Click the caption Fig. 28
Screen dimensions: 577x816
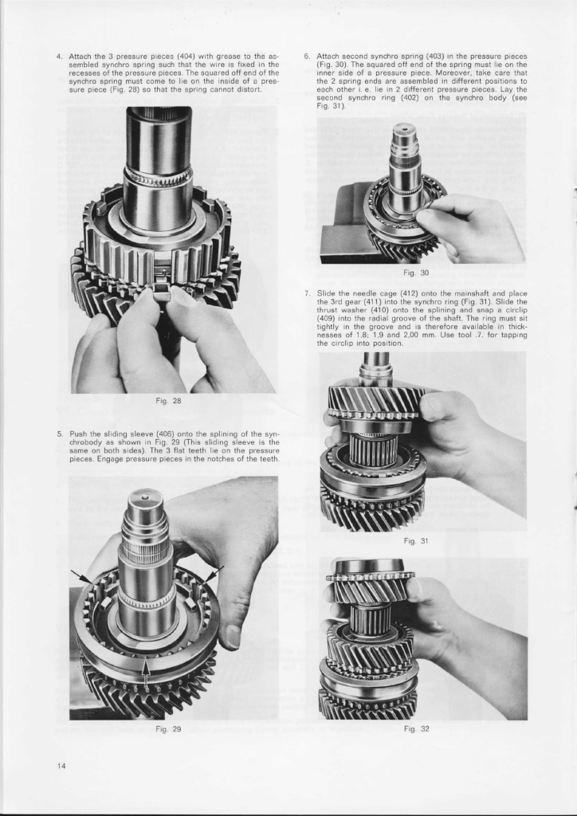click(x=168, y=401)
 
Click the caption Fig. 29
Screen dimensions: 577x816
click(x=168, y=728)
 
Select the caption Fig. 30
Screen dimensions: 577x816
click(x=416, y=273)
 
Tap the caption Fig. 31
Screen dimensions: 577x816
click(x=416, y=541)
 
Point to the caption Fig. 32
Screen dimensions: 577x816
click(x=416, y=728)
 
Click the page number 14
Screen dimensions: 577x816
click(x=62, y=766)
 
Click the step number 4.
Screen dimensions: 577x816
click(x=60, y=57)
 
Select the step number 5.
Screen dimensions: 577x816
click(x=60, y=433)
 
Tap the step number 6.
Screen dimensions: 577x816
click(x=307, y=57)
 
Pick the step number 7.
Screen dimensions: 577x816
click(x=307, y=293)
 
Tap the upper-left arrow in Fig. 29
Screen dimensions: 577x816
click(x=80, y=576)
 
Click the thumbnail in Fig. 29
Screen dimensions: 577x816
click(x=233, y=637)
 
